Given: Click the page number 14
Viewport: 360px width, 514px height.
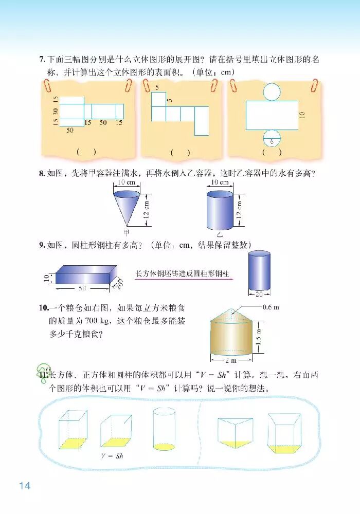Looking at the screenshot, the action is [25, 485].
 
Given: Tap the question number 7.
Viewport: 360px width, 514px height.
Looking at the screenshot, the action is [42, 59].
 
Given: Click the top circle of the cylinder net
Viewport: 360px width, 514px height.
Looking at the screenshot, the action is [272, 91].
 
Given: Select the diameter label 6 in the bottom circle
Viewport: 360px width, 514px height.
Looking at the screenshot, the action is [272, 142].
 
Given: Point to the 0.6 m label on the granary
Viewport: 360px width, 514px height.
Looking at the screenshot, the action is [271, 307].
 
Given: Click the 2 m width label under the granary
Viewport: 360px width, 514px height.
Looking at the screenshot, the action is [231, 360].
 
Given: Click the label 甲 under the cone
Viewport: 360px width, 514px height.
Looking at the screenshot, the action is [126, 232].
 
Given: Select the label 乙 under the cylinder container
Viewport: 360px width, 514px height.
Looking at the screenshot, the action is [220, 234].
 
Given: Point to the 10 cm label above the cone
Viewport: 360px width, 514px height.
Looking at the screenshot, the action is [127, 182].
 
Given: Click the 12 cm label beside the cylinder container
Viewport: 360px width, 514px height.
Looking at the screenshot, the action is [239, 210].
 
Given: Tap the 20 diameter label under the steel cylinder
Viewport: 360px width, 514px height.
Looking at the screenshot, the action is [259, 294].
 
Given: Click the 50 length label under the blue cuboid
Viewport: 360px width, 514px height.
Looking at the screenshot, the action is [82, 288].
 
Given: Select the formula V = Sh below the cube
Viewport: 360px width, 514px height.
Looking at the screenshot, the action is [112, 455].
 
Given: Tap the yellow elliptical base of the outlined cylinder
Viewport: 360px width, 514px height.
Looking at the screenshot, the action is [164, 447].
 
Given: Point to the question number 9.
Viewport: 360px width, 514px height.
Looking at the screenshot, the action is [42, 245].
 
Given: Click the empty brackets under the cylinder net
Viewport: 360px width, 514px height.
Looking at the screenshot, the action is [272, 153].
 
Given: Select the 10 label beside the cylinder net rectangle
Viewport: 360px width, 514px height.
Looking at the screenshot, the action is [302, 115].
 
